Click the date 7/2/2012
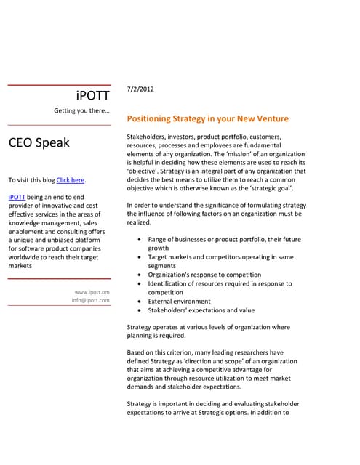(140, 89)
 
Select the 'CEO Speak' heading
(39, 142)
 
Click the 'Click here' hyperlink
(71, 180)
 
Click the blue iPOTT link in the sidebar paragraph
(16, 197)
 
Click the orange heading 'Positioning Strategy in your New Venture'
(207, 118)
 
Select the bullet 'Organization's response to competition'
(204, 275)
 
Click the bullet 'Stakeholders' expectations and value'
(200, 310)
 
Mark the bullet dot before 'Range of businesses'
(139, 240)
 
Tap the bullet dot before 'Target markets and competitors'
(139, 257)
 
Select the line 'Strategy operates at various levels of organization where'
(208, 328)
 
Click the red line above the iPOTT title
(59, 85)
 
